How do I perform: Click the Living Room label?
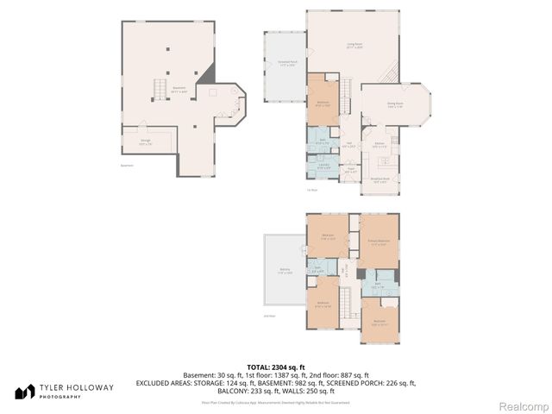[x=354, y=44]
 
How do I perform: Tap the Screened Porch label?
[x=287, y=64]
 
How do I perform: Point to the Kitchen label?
[x=379, y=145]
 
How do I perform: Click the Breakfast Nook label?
[x=379, y=180]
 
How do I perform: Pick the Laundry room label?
[x=323, y=166]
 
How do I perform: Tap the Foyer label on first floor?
[x=350, y=171]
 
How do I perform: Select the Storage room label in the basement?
[x=146, y=143]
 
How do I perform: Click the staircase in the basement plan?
[x=159, y=90]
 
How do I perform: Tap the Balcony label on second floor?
[x=285, y=271]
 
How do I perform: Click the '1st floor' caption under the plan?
[x=312, y=189]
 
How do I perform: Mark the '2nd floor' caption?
[x=269, y=317]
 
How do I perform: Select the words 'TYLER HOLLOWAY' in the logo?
[x=76, y=388]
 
